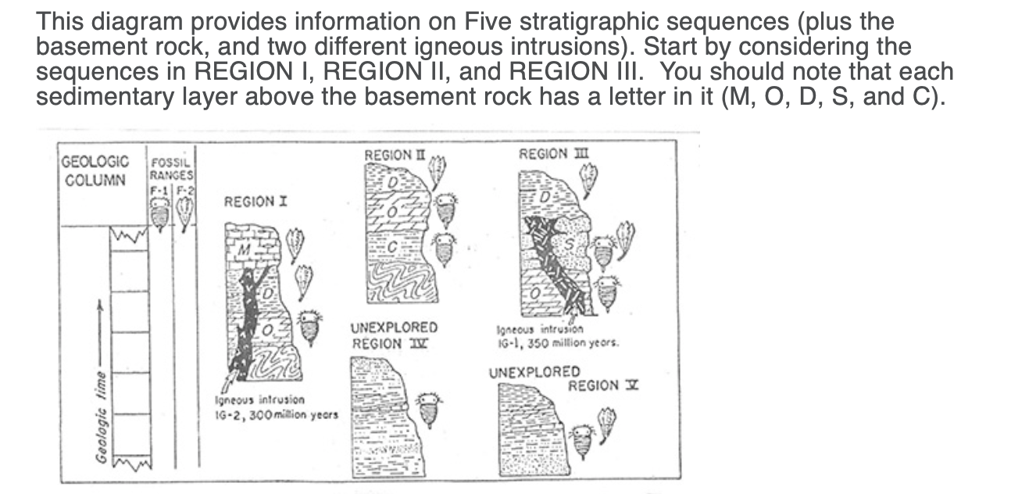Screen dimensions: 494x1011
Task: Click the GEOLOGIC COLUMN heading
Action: click(95, 169)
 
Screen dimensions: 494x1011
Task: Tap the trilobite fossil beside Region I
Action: click(310, 326)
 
